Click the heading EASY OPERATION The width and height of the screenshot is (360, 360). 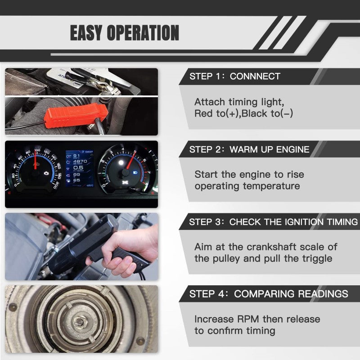point(124,33)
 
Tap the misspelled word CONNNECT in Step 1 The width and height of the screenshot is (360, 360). point(255,76)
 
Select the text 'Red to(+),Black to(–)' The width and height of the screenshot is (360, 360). point(243,113)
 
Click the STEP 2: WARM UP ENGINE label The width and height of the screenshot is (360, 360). point(249,149)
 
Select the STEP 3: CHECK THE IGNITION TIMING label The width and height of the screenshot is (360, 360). point(273,222)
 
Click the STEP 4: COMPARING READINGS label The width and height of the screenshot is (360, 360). point(268,294)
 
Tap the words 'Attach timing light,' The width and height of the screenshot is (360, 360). point(239,102)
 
